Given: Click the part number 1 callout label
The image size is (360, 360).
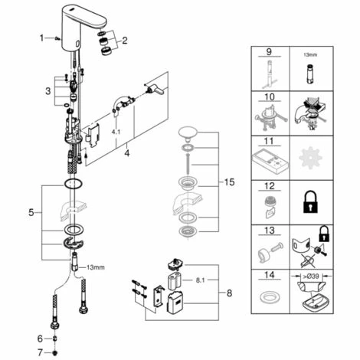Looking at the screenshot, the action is point(41,38).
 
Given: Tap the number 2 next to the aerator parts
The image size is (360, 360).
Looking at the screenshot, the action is point(125,41).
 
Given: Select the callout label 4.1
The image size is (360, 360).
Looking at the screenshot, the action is point(116,132).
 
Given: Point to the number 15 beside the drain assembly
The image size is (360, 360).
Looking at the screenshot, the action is point(229,182).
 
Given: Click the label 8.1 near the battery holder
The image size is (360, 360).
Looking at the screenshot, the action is point(200,280).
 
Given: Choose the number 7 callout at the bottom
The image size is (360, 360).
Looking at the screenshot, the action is point(40,352).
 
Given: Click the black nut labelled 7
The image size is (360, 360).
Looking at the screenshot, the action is point(54,353).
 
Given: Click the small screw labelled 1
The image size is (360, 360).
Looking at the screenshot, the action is point(57,38).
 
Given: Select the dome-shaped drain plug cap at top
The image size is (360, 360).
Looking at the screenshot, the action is point(188,134).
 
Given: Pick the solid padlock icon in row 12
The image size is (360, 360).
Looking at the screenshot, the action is point(311,202).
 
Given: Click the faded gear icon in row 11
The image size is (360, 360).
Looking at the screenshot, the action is point(310,157).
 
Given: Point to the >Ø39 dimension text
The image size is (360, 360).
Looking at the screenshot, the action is point(312,277).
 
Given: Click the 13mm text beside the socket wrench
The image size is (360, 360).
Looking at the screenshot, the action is point(96,267).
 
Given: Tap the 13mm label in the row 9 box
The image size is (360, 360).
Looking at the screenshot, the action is point(310,54).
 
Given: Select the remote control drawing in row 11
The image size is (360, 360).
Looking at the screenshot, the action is point(270,159).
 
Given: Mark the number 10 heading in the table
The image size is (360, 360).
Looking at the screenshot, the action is point(270,97).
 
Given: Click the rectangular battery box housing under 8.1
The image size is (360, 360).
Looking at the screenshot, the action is point(175,303).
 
